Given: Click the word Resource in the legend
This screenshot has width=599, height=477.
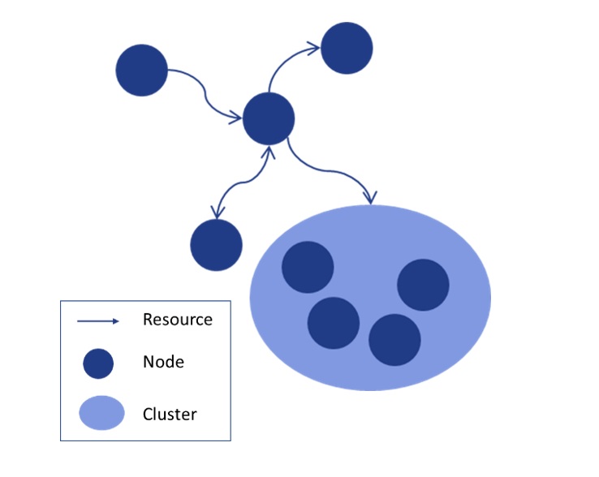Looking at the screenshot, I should click(x=177, y=320).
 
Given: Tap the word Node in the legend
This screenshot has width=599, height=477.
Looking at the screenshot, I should click(x=163, y=362).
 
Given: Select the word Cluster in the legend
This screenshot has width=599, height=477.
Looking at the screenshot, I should click(x=170, y=414).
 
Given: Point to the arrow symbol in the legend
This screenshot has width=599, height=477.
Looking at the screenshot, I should click(x=98, y=321).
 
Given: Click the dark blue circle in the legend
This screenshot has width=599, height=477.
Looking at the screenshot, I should click(x=98, y=363).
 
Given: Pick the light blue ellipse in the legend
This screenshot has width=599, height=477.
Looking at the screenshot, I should click(x=101, y=413).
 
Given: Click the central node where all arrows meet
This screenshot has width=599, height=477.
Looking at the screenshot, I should click(x=268, y=118).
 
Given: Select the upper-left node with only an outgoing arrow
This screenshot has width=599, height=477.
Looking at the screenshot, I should click(x=142, y=71).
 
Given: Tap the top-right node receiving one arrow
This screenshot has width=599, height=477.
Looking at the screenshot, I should click(x=347, y=48).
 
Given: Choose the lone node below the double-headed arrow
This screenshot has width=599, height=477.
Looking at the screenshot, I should click(x=216, y=245).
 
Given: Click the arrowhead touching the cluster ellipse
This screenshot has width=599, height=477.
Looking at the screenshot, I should click(x=371, y=197).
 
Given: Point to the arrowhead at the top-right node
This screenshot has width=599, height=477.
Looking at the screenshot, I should click(x=315, y=50).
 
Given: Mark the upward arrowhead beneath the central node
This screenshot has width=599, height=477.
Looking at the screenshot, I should click(x=268, y=151).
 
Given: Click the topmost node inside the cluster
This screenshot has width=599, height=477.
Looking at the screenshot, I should click(x=308, y=267).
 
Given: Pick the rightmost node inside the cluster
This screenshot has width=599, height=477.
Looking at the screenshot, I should click(x=423, y=285).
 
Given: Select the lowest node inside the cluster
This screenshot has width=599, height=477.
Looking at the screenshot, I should click(x=394, y=340).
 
